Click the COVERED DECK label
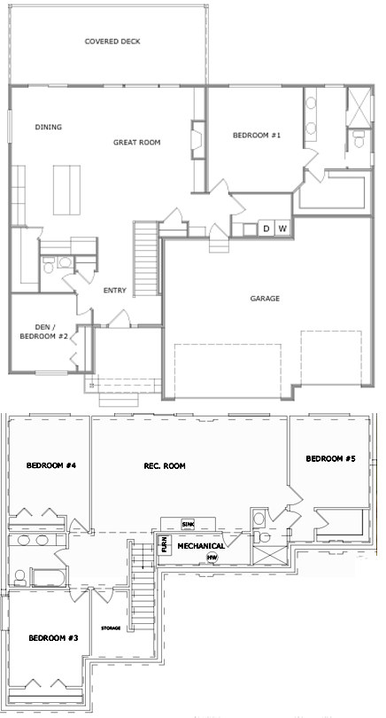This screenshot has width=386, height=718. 112,42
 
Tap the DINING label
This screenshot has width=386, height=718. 49,128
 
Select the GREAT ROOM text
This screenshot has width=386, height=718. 136,143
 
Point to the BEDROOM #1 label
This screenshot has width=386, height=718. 257,135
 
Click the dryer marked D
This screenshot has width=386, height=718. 266,228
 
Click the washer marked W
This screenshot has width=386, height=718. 282,228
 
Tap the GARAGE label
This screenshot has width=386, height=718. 265,299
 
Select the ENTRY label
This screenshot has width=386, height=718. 115,291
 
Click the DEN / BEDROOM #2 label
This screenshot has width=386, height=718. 45,332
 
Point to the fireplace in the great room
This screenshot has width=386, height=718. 197,140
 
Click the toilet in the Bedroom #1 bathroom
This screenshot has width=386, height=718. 359,139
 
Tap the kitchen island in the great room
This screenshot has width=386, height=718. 66,190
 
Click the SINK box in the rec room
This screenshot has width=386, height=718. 188,524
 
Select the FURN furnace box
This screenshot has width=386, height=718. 165,544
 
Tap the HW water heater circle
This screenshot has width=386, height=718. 212,558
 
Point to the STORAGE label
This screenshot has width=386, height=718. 111,628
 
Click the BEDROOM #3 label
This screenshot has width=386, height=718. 53,638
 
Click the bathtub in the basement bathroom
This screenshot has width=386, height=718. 49,577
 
